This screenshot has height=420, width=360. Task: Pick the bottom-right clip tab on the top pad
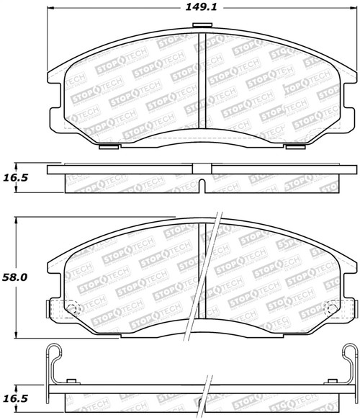[x=294, y=148]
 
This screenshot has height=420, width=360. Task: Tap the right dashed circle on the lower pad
[x=332, y=310]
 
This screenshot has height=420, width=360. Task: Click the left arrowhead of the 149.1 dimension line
[x=50, y=10]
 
